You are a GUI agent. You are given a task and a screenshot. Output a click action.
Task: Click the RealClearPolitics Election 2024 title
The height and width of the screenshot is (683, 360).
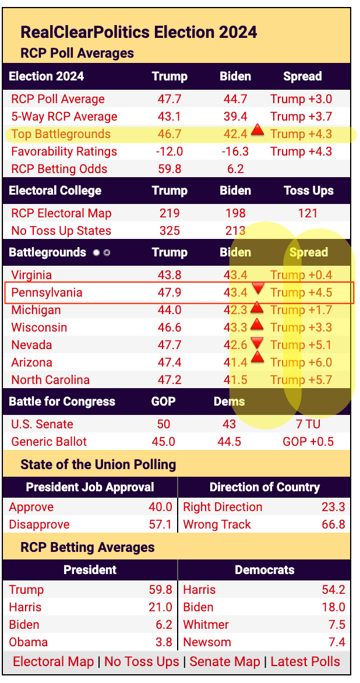click(x=139, y=31)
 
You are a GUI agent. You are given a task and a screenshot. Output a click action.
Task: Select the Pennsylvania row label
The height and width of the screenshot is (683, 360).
click(x=47, y=293)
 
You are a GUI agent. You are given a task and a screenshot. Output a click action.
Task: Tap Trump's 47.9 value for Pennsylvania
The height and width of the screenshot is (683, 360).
click(x=170, y=293)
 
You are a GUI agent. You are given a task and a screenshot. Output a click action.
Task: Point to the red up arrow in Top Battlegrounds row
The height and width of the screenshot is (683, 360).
click(x=257, y=130)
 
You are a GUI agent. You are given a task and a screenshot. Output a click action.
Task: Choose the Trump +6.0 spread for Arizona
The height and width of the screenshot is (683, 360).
click(x=301, y=362)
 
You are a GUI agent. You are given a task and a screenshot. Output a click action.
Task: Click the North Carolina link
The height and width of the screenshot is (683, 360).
click(x=51, y=380)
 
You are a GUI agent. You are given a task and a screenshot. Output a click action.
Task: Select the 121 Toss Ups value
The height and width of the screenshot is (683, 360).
click(x=308, y=213)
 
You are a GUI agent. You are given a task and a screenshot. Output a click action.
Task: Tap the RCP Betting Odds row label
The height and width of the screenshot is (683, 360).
click(x=59, y=169)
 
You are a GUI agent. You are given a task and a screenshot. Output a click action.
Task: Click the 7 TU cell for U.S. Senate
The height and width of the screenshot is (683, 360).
click(x=307, y=424)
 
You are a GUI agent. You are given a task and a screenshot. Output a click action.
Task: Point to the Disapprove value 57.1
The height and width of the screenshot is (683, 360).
click(x=160, y=524)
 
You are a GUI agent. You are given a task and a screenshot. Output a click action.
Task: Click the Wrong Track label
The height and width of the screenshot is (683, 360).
click(x=217, y=524)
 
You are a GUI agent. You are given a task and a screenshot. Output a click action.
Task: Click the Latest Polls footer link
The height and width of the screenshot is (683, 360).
click(x=305, y=661)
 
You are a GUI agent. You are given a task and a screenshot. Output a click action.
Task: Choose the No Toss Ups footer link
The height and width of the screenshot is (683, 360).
click(x=142, y=661)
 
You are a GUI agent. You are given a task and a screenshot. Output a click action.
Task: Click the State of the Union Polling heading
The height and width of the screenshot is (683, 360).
click(x=98, y=464)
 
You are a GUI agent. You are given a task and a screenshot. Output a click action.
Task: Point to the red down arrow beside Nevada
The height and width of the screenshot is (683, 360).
click(x=257, y=341)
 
